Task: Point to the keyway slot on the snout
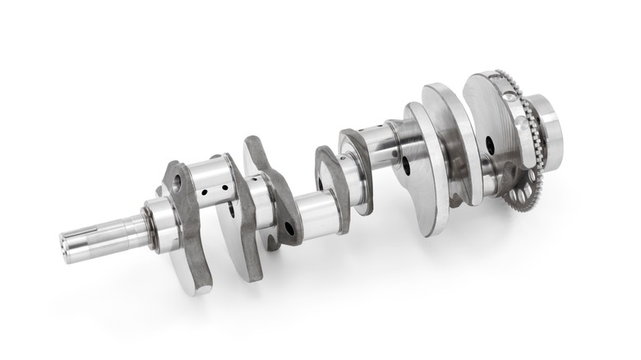(90, 238)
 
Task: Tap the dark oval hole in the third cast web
(288, 228)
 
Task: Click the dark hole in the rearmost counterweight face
(490, 145)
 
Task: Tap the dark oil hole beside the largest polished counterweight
(405, 164)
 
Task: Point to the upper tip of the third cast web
(251, 143)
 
